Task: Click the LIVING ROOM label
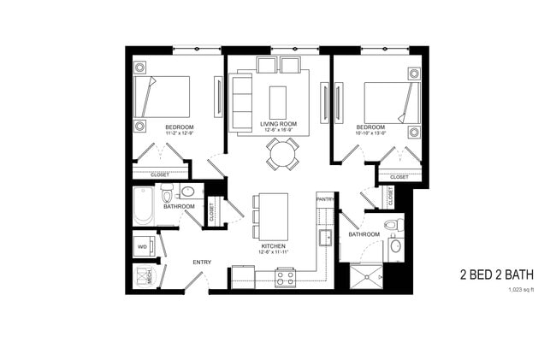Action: [278, 125]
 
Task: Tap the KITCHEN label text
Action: [273, 245]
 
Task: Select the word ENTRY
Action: [202, 262]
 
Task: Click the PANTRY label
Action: [325, 198]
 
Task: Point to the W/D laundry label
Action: [142, 247]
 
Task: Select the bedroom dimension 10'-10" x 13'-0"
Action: [373, 133]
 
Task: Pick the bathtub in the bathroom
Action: [144, 206]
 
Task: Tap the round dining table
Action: [281, 154]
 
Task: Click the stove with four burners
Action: [284, 277]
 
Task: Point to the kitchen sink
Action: [325, 237]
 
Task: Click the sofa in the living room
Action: [240, 102]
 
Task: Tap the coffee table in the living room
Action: [278, 102]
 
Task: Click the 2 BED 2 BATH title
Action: [496, 274]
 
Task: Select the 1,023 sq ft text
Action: [520, 290]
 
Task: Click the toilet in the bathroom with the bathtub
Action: [167, 192]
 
